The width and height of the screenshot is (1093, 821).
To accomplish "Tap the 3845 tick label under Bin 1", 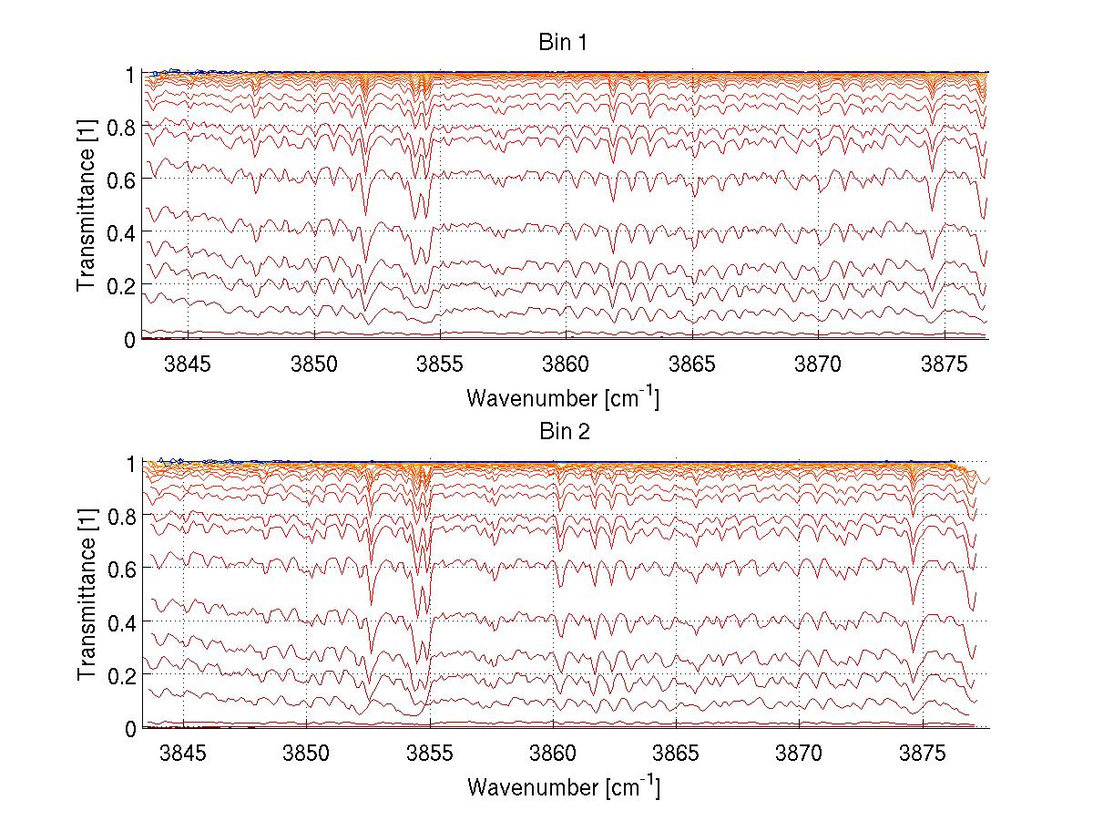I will point(188,364).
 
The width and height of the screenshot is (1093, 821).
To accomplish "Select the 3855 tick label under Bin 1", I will point(440,364).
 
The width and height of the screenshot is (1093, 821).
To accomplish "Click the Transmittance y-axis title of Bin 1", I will point(87,206).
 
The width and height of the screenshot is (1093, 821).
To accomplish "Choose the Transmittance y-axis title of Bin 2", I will point(87,595).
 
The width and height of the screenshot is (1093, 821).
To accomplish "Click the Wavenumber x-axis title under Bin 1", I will point(563,397).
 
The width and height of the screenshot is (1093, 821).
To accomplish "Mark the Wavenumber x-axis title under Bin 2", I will point(563,786).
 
